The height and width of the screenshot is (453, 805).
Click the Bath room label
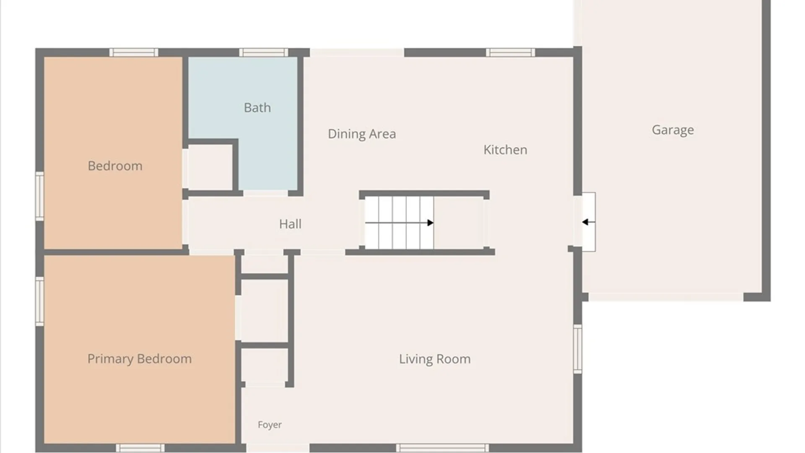point(257,108)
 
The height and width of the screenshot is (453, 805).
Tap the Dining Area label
point(362,134)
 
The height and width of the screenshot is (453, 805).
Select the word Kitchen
point(505,150)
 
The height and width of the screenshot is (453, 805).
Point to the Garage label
point(673,130)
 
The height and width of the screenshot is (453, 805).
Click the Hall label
point(290,224)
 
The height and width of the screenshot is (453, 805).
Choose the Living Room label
point(435,359)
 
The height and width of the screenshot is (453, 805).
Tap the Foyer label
point(270,425)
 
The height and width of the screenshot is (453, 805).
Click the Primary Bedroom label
point(140,359)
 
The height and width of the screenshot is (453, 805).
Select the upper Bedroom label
point(115,166)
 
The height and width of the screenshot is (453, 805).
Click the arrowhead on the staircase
point(430,223)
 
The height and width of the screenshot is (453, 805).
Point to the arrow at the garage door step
point(588,222)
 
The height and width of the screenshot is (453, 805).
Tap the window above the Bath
point(264,52)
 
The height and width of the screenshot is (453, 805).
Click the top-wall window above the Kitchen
point(511,52)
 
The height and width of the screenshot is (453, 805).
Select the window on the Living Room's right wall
point(578,349)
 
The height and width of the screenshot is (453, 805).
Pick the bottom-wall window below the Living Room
point(442,448)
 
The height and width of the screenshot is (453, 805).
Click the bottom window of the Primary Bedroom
point(140,448)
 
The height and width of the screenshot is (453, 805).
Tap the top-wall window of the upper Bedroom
point(134,52)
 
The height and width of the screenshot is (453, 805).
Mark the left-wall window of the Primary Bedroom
point(40,301)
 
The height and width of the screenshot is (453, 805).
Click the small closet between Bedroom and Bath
point(210,167)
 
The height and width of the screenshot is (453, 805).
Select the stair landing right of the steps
point(459,223)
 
